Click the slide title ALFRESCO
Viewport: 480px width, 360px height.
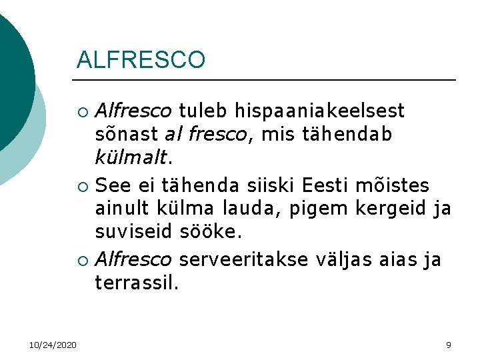(141, 60)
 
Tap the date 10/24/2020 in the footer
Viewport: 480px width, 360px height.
(53, 344)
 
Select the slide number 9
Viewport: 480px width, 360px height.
(449, 344)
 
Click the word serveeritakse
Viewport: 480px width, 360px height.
(245, 259)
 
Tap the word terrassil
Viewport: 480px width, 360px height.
(137, 283)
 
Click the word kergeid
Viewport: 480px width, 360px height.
(391, 209)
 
